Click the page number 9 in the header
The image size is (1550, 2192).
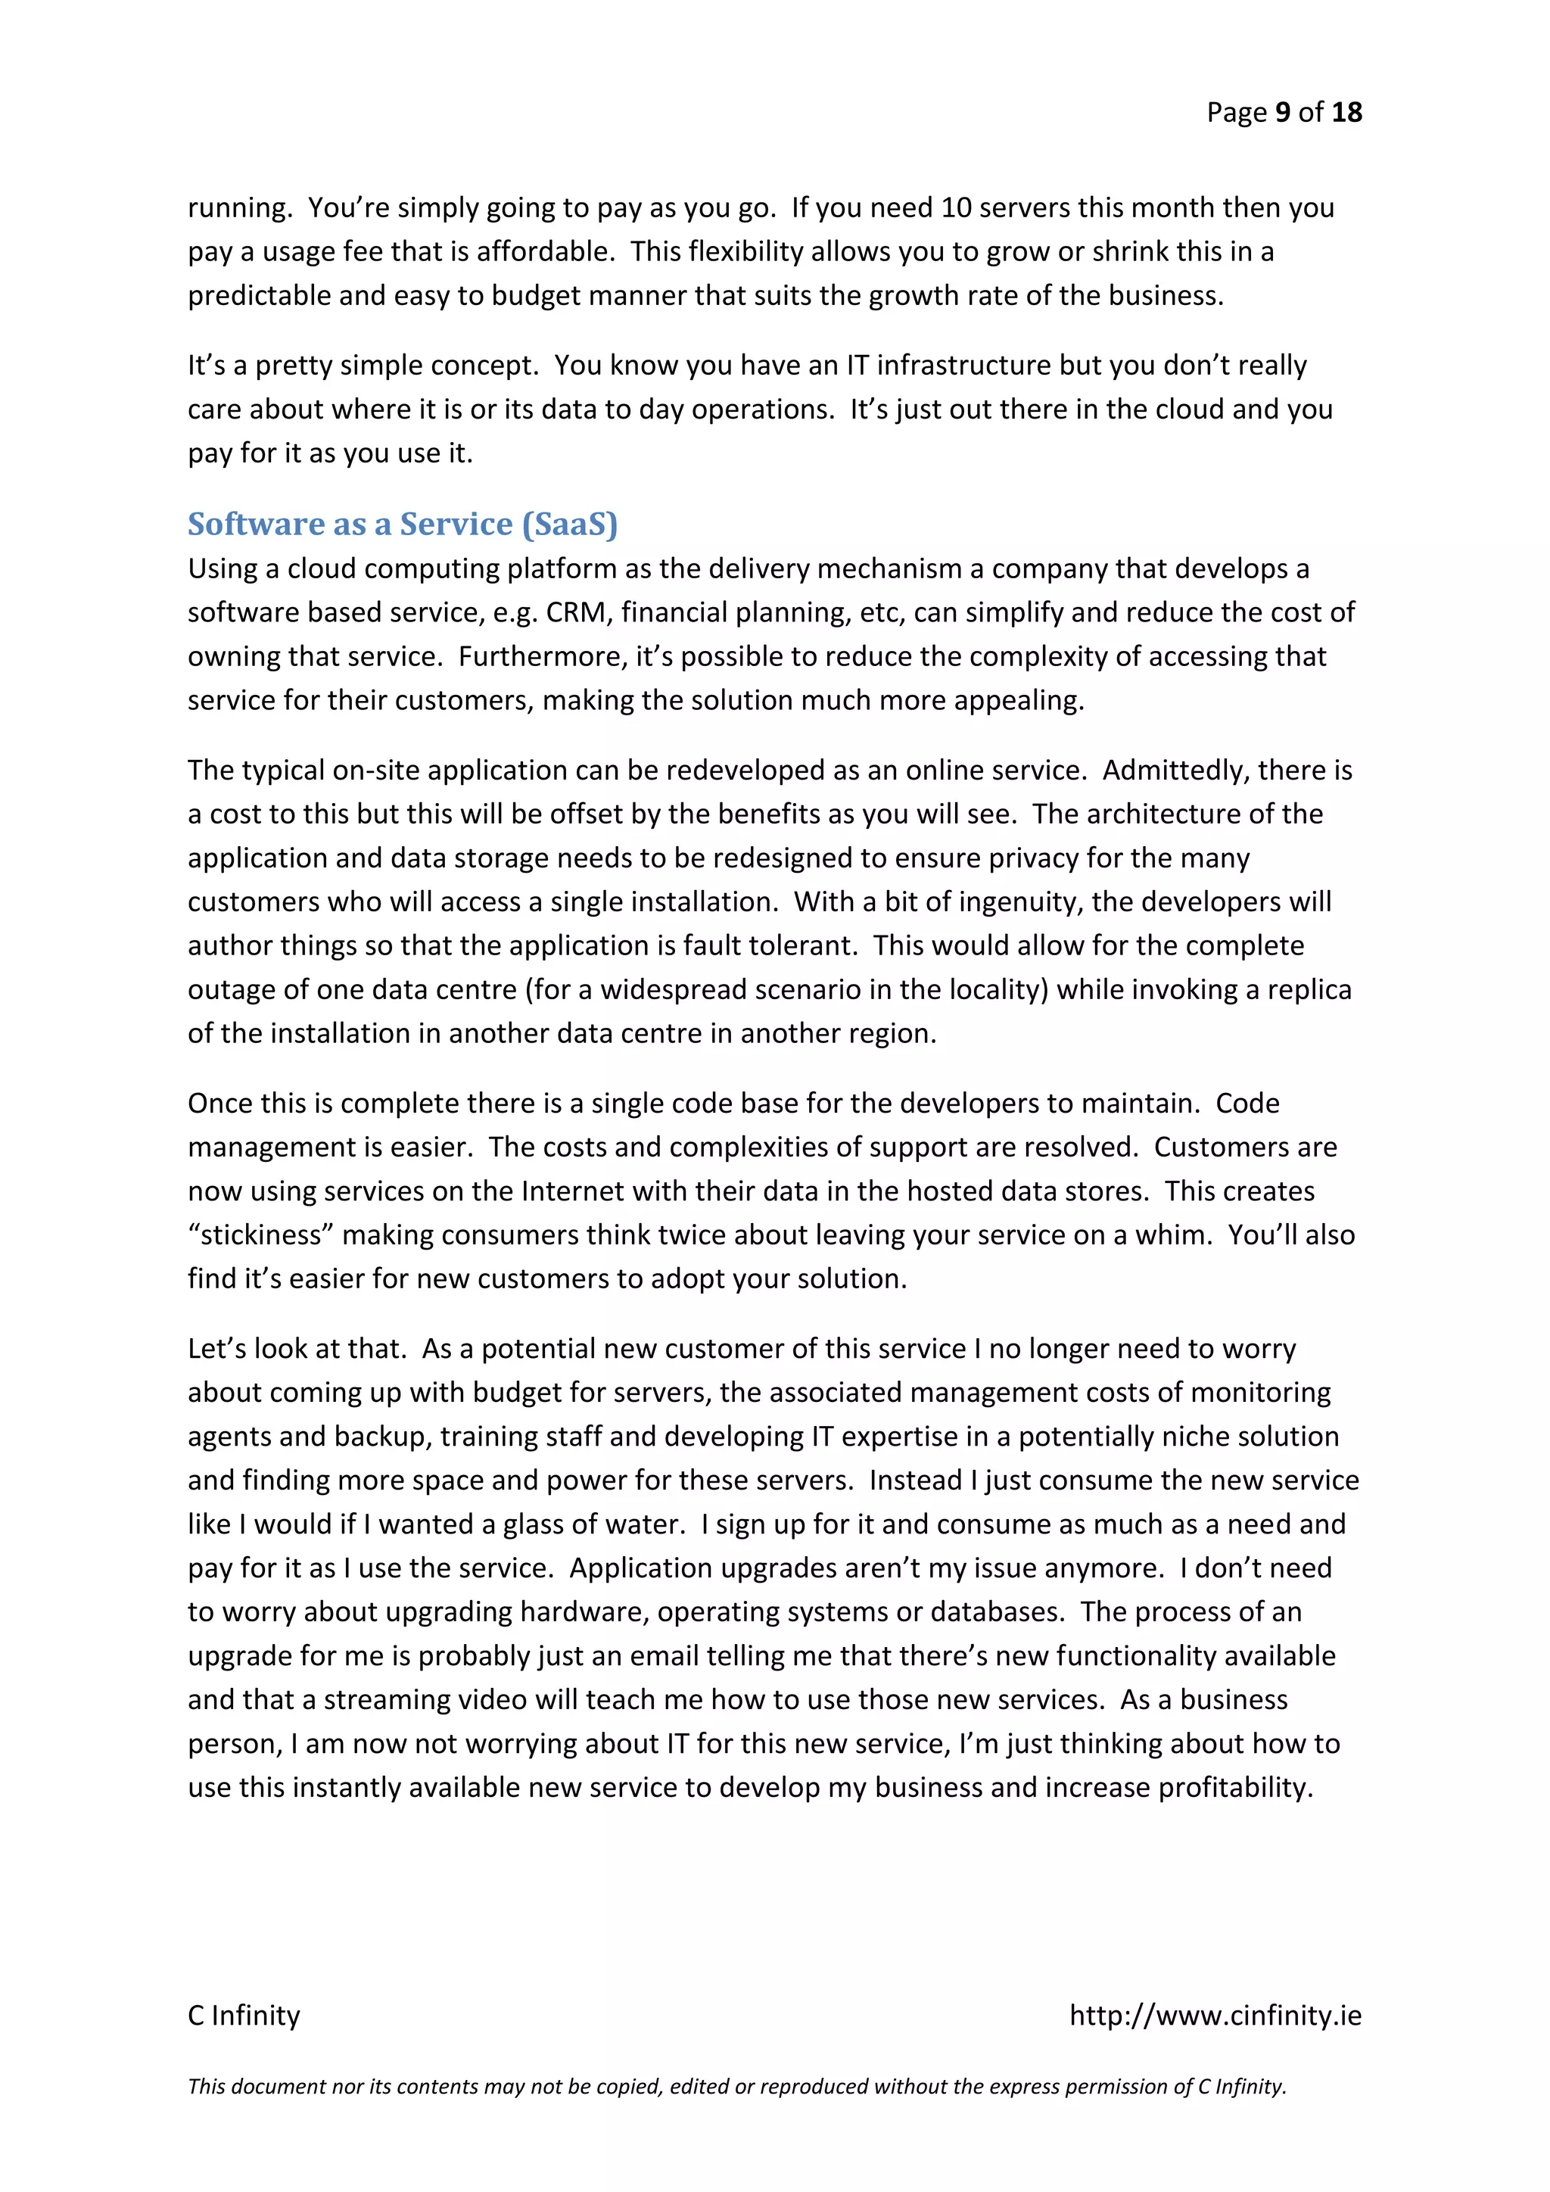[1283, 113]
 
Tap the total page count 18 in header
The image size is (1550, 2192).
[1346, 113]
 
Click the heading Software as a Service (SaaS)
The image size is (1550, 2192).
[402, 524]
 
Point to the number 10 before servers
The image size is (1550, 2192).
[957, 207]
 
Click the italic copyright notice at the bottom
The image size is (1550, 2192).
[737, 2086]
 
